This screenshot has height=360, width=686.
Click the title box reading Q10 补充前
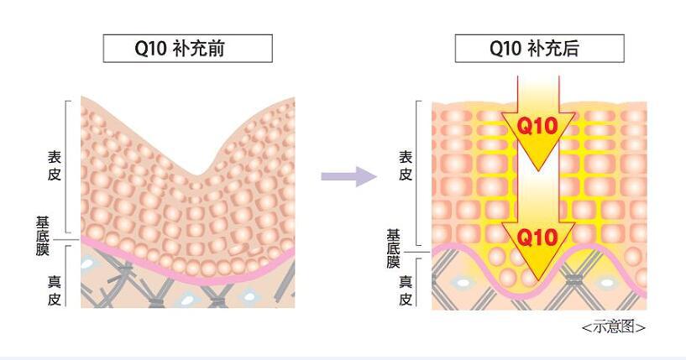(187, 49)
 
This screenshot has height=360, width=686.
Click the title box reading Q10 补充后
(539, 49)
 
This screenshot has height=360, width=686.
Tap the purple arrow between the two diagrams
(348, 175)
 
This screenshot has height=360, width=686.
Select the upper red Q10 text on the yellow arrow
(537, 127)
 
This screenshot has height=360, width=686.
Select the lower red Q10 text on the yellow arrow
(537, 237)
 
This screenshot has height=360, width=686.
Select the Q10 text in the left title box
(151, 49)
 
